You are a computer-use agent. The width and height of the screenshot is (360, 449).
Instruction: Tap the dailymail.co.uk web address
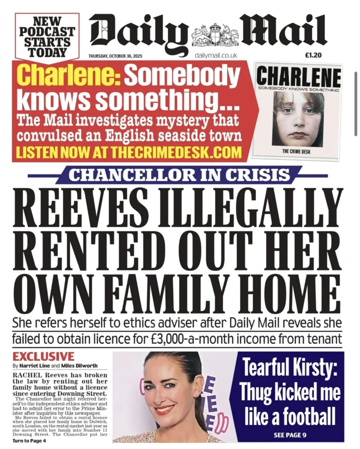pyautogui.click(x=216, y=55)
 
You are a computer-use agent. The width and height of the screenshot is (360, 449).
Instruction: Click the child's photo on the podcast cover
pyautogui.click(x=298, y=118)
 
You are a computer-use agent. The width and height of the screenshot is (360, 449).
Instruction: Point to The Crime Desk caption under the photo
pyautogui.click(x=298, y=152)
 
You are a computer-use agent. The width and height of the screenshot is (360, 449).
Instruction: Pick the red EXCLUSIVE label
pyautogui.click(x=43, y=356)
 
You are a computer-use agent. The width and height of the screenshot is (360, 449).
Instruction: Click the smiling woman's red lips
pyautogui.click(x=165, y=410)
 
